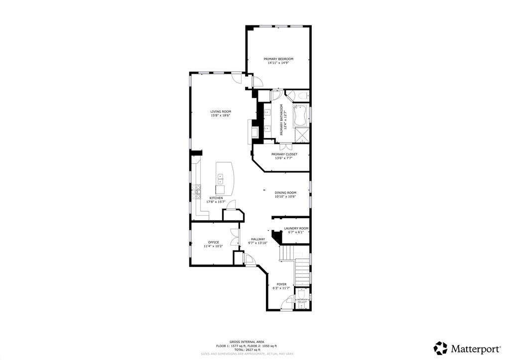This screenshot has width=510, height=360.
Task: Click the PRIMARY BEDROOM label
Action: [278, 59]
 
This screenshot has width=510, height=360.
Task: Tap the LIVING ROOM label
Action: [220, 112]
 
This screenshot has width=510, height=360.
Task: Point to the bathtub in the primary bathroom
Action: [300, 116]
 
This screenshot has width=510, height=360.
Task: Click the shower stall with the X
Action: [301, 134]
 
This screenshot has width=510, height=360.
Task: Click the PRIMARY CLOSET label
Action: [284, 154]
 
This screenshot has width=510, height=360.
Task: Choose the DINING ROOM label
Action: [285, 193]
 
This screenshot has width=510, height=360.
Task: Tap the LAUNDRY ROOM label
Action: [296, 228]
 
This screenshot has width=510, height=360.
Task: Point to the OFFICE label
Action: [213, 242]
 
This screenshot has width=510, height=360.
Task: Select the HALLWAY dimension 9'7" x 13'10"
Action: [258, 243]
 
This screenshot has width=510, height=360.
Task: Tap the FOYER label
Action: [281, 284]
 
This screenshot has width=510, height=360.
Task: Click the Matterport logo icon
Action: [440, 348]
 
